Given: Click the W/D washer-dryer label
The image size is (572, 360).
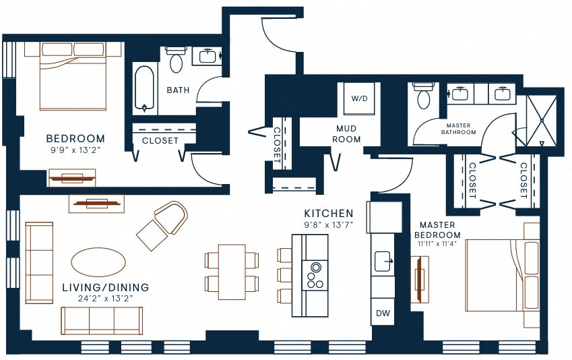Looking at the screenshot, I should point(359,98).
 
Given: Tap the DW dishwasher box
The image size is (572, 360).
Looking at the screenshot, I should point(383,313).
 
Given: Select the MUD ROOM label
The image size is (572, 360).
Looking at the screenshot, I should point(348,133).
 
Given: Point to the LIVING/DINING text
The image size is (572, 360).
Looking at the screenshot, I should point(106,287).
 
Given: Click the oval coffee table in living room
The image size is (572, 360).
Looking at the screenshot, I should point(98,260).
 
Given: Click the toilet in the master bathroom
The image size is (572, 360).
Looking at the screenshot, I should point(424,96).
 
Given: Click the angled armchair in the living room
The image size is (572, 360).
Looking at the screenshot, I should point(163,225).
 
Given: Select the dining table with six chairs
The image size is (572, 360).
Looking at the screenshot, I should point(232,272).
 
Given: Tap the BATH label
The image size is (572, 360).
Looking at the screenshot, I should point(179,90).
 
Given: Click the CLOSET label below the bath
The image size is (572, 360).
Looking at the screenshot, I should point(160,141).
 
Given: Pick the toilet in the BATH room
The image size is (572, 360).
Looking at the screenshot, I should point(177,61).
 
